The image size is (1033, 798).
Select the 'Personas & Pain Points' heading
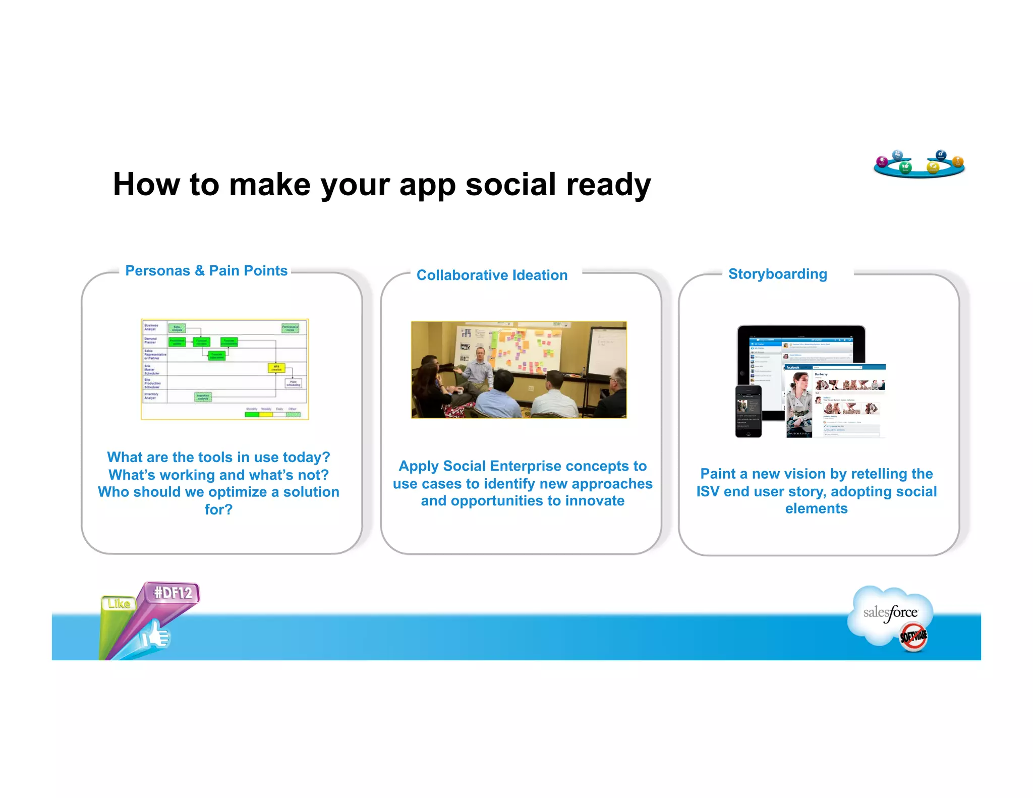click(206, 271)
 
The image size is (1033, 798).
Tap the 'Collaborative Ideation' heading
click(492, 275)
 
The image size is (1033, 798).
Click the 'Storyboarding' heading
click(777, 274)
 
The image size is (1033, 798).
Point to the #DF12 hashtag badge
click(173, 592)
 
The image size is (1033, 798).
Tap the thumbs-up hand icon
click(156, 635)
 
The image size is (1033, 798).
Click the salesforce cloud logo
click(890, 613)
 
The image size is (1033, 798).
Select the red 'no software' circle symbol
click(913, 637)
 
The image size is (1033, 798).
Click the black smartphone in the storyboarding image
click(748, 411)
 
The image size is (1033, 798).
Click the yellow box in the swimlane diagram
click(276, 368)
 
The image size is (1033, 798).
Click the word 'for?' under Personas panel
click(218, 509)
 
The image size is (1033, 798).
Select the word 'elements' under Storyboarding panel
click(816, 508)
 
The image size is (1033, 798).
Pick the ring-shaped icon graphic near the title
click(919, 164)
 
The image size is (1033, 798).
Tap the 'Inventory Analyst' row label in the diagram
click(152, 396)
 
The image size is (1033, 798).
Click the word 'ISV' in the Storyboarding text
click(708, 491)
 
